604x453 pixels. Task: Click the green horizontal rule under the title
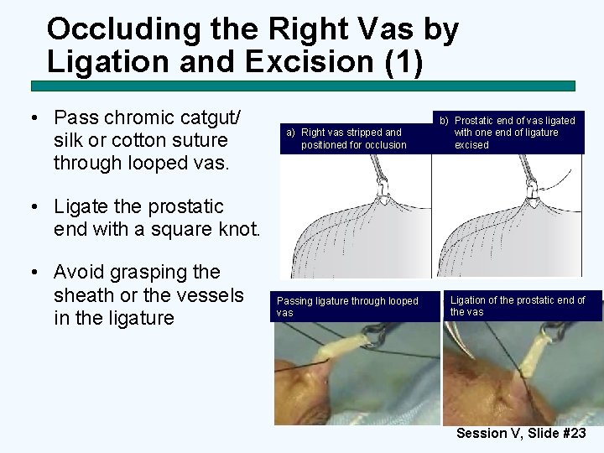pyautogui.click(x=303, y=86)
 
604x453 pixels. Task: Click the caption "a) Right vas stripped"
pyautogui.click(x=347, y=138)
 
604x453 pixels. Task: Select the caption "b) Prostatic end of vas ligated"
pyautogui.click(x=511, y=133)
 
